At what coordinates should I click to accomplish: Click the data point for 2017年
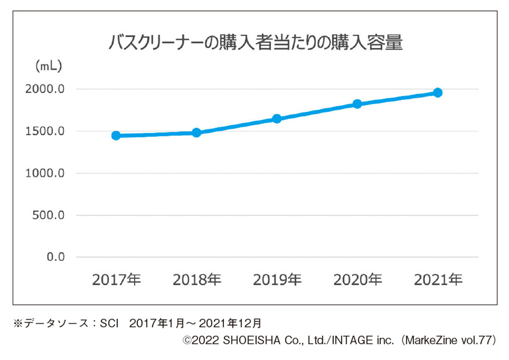pyautogui.click(x=116, y=136)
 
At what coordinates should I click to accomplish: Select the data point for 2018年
pyautogui.click(x=196, y=133)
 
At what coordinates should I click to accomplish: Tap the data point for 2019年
pyautogui.click(x=277, y=119)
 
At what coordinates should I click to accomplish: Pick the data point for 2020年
pyautogui.click(x=357, y=104)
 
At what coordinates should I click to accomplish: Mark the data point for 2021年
pyautogui.click(x=438, y=92)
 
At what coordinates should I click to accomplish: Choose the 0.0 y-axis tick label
pyautogui.click(x=55, y=257)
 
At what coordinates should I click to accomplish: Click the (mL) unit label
pyautogui.click(x=48, y=66)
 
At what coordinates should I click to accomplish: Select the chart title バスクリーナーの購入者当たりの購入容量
pyautogui.click(x=255, y=43)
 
